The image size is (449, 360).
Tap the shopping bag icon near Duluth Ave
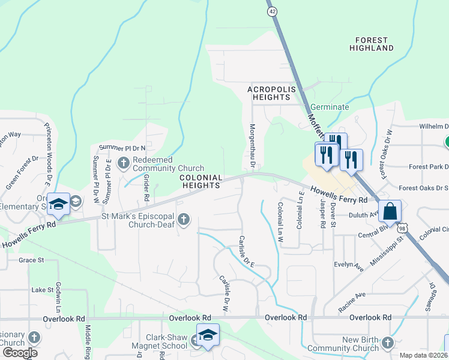[390, 212]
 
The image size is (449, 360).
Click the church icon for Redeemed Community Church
[124, 162]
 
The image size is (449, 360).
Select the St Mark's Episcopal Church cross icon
[184, 220]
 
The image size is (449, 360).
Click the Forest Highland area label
[374, 43]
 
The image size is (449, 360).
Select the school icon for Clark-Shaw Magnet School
[208, 335]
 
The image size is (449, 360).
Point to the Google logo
[20, 352]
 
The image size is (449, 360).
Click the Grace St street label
[31, 260]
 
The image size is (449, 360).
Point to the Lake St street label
[43, 290]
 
